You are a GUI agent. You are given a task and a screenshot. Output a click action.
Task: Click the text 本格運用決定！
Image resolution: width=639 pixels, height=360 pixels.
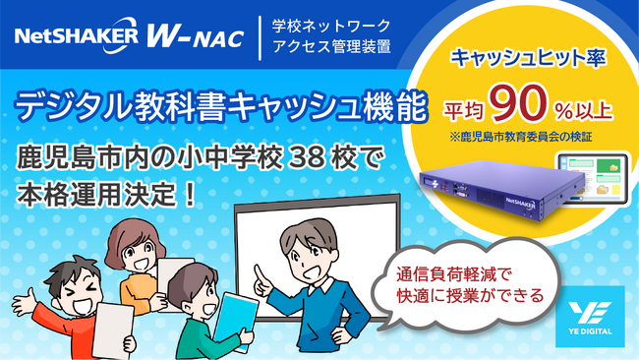point(107,190)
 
